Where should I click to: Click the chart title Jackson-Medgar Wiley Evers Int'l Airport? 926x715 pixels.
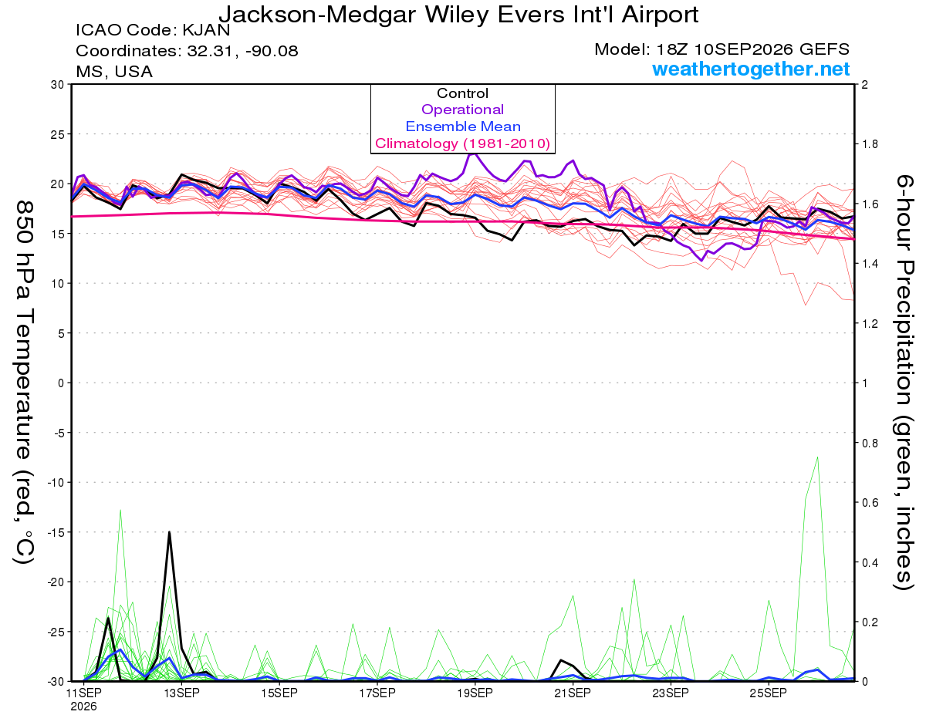458,15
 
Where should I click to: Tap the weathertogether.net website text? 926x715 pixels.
751,69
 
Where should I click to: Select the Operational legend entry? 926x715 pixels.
462,110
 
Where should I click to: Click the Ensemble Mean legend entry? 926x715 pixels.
463,126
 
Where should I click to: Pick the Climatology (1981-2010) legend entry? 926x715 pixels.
463,143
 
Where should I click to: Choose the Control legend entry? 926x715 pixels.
462,93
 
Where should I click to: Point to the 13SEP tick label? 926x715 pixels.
181,693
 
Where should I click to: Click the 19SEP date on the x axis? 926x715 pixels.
475,693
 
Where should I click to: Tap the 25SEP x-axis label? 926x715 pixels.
769,693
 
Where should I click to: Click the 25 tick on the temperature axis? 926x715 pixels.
57,134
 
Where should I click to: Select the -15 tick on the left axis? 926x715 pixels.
55,532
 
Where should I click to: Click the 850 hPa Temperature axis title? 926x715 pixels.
24,383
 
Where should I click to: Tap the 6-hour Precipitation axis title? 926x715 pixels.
904,382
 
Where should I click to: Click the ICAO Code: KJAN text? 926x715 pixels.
153,30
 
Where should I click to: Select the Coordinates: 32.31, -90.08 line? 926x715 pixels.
187,51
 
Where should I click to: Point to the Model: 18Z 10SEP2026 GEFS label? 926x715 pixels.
722,49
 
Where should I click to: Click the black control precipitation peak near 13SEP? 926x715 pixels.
169,532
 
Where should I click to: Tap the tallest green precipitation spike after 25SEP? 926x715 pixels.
817,458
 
